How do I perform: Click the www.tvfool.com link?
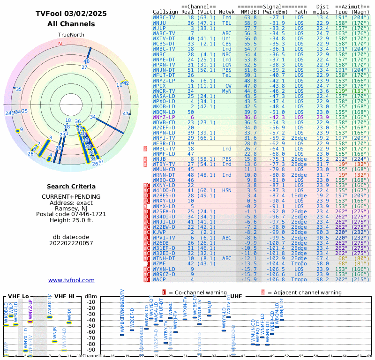[x=71, y=280]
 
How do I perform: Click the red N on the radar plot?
[x=60, y=44]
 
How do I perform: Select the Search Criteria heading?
[x=71, y=187]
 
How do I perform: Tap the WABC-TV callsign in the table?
[x=164, y=33]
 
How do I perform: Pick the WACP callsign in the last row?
[x=159, y=279]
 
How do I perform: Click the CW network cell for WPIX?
[x=228, y=86]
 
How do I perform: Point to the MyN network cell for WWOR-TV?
[x=227, y=91]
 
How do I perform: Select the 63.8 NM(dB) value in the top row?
[x=250, y=17]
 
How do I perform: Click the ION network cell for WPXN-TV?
[x=227, y=65]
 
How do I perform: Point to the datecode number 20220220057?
[x=71, y=243]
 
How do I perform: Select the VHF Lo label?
[x=19, y=296]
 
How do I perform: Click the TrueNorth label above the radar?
[x=71, y=35]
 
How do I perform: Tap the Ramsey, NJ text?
[x=71, y=208]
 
